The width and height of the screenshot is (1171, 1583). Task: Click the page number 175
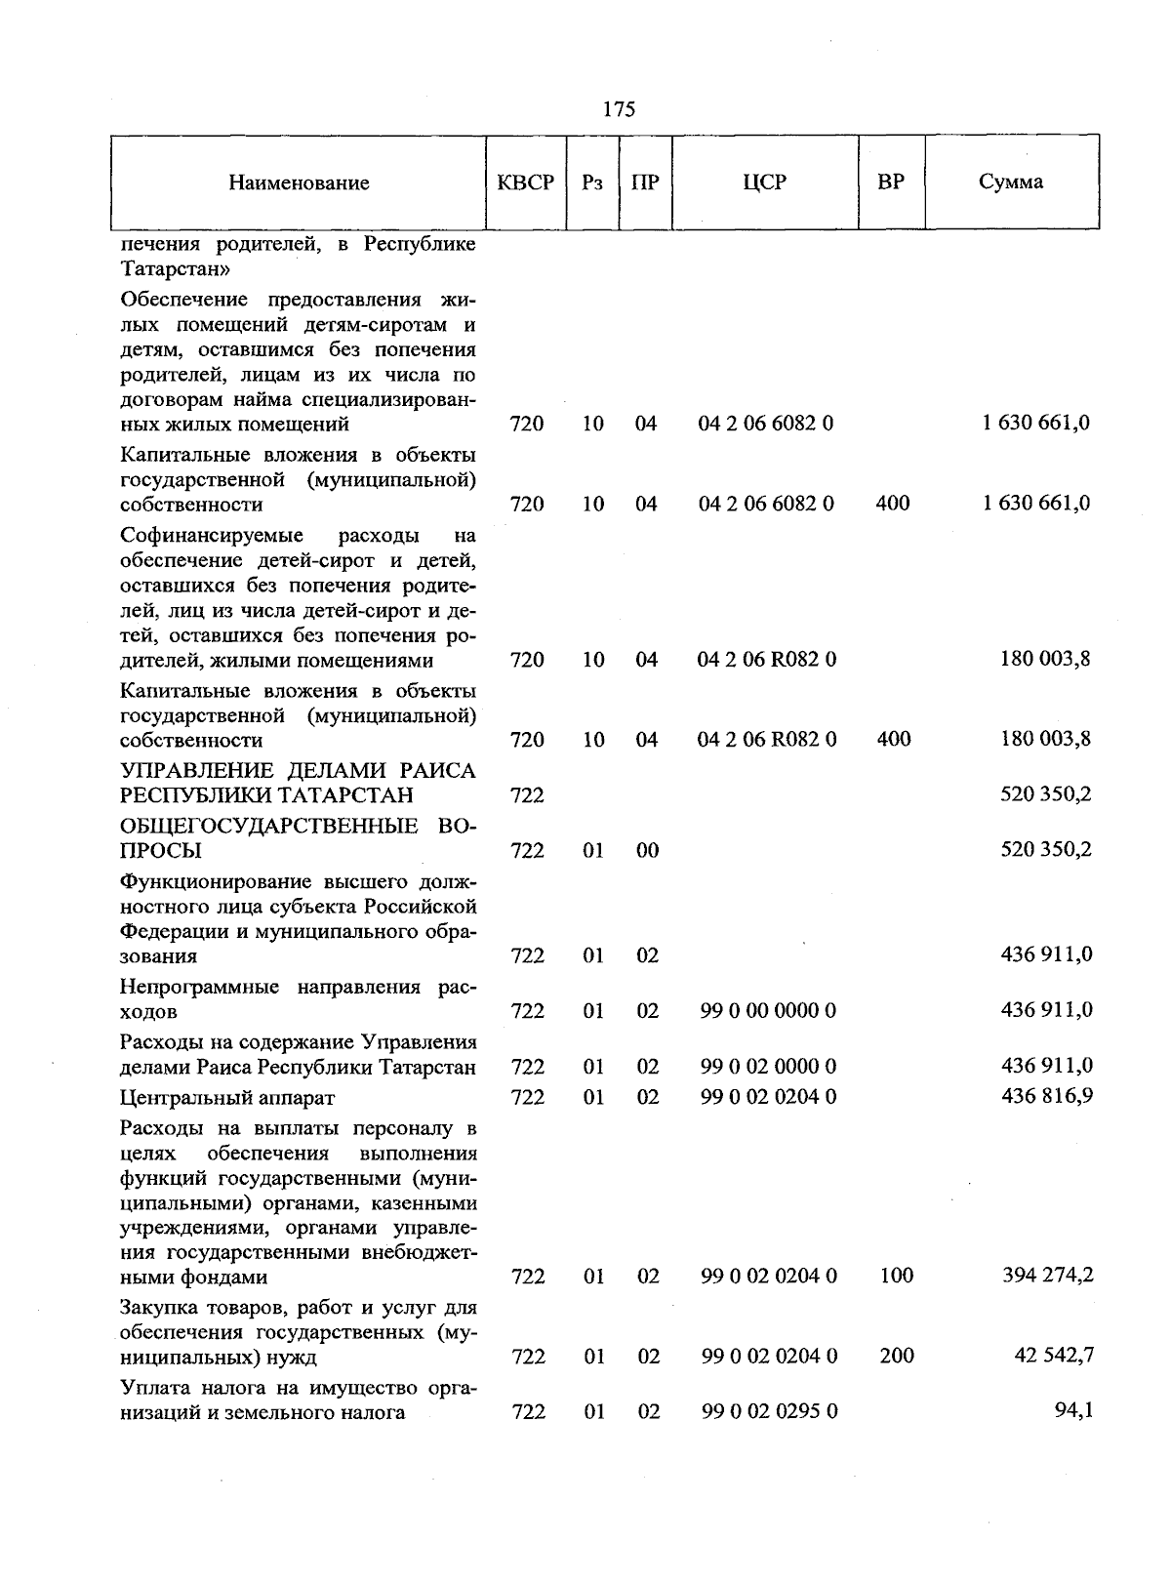click(619, 109)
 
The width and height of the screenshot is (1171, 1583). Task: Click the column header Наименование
click(300, 183)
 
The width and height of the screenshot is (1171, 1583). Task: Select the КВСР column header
click(525, 183)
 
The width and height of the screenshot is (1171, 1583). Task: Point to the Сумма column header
click(1011, 182)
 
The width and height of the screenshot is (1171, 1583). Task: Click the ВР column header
click(890, 182)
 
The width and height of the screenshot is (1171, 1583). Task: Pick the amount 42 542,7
click(1054, 1356)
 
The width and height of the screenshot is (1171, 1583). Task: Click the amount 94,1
click(1073, 1411)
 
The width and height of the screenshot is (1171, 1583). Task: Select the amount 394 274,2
click(1047, 1275)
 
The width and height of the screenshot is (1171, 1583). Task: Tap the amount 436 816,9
click(1047, 1096)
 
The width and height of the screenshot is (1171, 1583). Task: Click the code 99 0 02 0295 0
click(768, 1412)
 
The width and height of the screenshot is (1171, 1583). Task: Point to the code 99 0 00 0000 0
click(768, 1011)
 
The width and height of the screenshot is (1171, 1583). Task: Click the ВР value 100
click(896, 1276)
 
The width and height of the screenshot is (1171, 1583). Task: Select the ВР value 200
click(896, 1356)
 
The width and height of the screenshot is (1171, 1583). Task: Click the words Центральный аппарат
click(226, 1098)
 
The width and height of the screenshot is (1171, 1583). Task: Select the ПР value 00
click(647, 851)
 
